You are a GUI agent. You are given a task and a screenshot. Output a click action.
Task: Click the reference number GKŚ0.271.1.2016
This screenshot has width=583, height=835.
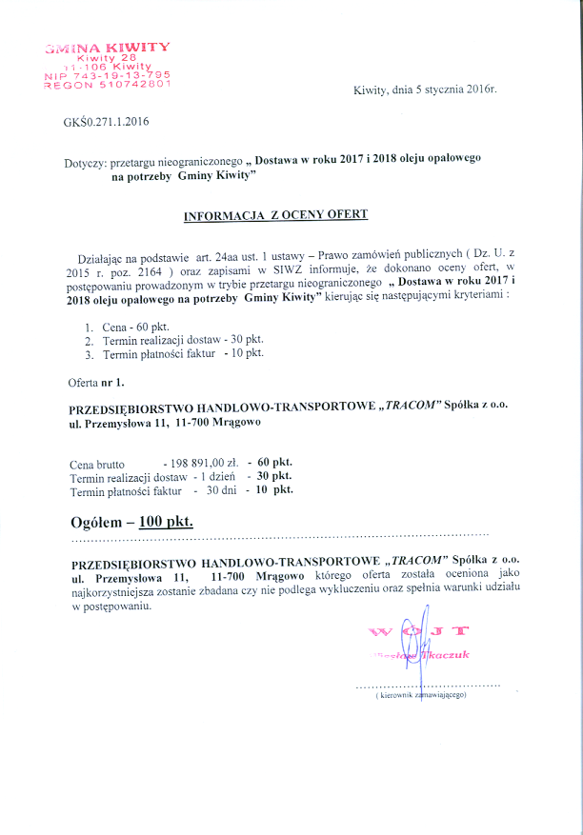pos(107,121)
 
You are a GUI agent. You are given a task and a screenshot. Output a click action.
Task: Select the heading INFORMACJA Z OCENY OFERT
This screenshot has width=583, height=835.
pos(275,216)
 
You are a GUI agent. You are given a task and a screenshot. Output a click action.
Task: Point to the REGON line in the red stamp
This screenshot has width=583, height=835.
pos(107,84)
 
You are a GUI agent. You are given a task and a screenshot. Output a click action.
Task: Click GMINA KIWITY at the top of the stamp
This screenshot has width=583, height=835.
pos(107,47)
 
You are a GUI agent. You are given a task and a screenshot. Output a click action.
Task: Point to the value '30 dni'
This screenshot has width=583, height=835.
pos(221,490)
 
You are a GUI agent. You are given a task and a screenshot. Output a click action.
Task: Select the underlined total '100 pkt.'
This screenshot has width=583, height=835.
pos(166,522)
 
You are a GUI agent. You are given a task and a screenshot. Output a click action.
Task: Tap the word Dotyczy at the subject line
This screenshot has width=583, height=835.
pos(86,163)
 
